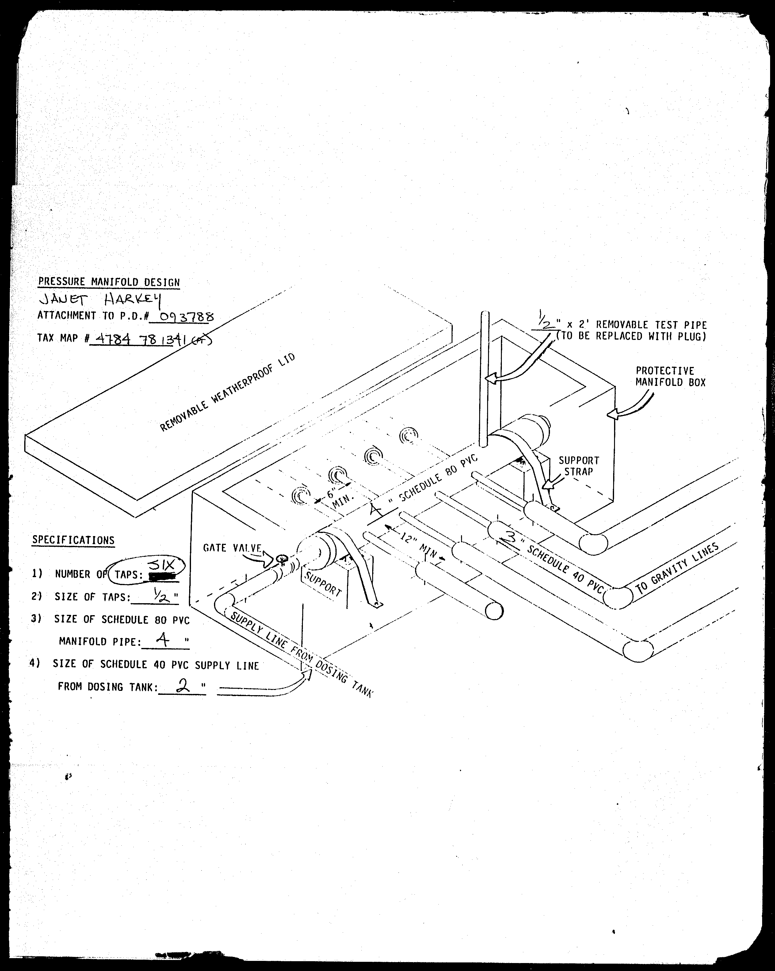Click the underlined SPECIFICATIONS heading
[x=73, y=540]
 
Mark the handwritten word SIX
[x=161, y=565]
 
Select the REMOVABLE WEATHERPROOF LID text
[x=227, y=392]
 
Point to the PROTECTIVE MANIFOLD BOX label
[x=670, y=376]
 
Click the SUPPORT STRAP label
[x=578, y=466]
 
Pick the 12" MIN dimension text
[x=419, y=544]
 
